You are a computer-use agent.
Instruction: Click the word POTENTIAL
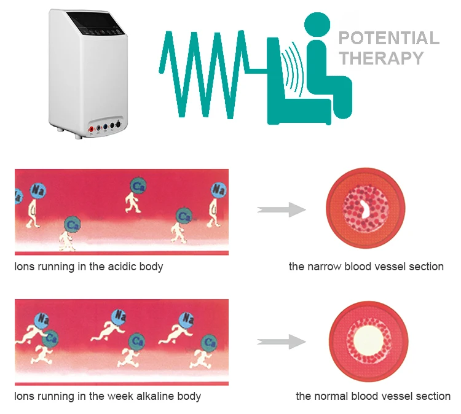click(389, 38)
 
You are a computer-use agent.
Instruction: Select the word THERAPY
click(382, 58)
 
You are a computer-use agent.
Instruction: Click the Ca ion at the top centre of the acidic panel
click(138, 185)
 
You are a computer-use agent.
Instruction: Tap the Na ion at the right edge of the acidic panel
click(219, 190)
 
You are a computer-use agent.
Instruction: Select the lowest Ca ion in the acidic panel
click(73, 225)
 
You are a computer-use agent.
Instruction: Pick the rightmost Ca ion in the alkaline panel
click(210, 342)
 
